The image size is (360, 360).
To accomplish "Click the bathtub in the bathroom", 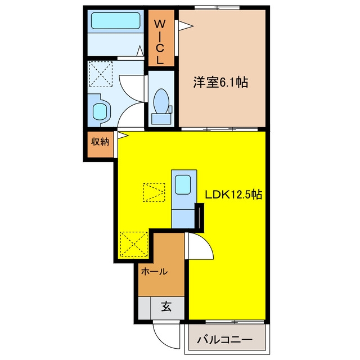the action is [x=116, y=21].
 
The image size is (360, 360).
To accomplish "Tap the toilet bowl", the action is [x=161, y=101].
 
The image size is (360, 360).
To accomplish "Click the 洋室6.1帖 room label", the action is [x=220, y=82].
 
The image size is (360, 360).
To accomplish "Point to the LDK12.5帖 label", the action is [x=233, y=195].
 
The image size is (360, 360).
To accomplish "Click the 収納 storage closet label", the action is [x=100, y=142].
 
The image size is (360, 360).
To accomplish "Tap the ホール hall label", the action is [x=154, y=272].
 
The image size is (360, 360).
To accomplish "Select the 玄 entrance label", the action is [x=166, y=307].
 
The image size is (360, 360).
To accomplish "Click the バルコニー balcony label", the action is [x=225, y=340].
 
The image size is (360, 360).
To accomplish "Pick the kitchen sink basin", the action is [x=183, y=184].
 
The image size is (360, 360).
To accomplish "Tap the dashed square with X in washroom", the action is [x=101, y=74].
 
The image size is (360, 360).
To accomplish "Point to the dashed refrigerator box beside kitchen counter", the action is [x=154, y=192].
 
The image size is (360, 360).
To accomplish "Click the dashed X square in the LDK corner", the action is [x=134, y=244].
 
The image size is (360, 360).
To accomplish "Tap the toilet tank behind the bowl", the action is [x=161, y=119].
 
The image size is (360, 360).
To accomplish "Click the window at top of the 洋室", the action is [x=217, y=7].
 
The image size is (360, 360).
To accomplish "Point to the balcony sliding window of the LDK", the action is [x=235, y=321].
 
